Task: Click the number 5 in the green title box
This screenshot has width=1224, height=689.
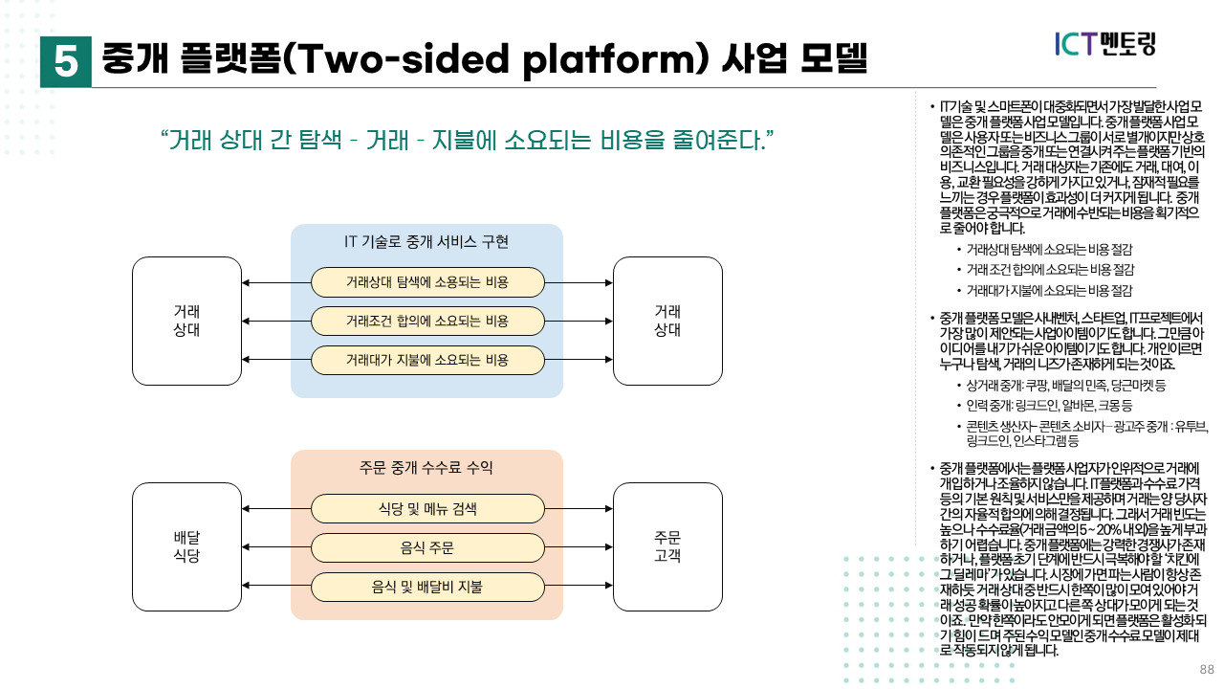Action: pos(66,61)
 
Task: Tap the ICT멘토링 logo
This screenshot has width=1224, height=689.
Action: pos(1105,43)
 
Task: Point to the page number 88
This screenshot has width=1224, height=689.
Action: pos(1207,669)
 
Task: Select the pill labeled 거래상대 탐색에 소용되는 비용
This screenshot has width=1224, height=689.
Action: pos(427,282)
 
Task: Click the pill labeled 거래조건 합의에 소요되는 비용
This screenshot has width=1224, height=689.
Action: pos(427,321)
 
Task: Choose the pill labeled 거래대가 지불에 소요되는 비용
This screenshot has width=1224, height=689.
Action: pos(427,360)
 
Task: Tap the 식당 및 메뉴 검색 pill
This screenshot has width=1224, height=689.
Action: pos(427,508)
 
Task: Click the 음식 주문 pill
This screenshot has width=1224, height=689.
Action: pos(427,547)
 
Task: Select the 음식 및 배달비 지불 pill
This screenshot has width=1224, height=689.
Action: pos(427,587)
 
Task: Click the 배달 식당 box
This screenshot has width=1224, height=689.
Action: pos(186,546)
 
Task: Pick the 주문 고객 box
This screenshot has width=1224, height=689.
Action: pos(667,546)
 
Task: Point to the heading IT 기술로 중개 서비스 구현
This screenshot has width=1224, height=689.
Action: pos(426,241)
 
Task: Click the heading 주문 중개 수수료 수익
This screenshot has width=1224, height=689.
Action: pos(426,467)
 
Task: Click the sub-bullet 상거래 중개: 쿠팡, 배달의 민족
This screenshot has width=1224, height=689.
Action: pos(1065,385)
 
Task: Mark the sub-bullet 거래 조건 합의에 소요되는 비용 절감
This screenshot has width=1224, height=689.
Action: pos(1049,270)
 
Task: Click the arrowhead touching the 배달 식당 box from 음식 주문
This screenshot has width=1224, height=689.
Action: pos(247,547)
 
